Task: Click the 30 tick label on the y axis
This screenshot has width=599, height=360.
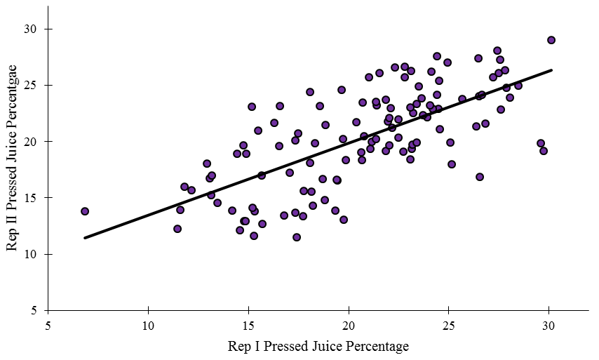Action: [x=35, y=29]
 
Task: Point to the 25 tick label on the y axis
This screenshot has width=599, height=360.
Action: [x=35, y=85]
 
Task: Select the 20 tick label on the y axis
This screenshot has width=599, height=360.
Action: [x=35, y=141]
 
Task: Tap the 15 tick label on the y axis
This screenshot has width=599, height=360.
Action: [x=35, y=197]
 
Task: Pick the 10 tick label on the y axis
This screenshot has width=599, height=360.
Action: [x=35, y=253]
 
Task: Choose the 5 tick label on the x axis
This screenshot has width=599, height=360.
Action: [x=48, y=325]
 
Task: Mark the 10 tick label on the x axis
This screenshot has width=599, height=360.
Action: [x=148, y=325]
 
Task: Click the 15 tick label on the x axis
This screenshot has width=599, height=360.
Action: [x=248, y=325]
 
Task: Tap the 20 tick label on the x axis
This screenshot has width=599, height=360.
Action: [x=349, y=325]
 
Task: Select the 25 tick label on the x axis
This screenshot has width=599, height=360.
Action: [x=448, y=325]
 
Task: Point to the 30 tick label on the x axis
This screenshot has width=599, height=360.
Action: [x=548, y=325]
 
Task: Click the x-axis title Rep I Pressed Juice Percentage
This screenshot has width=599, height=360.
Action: [x=318, y=346]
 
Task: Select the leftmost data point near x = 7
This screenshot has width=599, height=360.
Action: [x=85, y=211]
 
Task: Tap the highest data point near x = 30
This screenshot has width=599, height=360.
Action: [x=551, y=40]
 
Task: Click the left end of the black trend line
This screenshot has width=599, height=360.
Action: [x=85, y=238]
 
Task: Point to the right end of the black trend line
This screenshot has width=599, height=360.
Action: [x=551, y=70]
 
